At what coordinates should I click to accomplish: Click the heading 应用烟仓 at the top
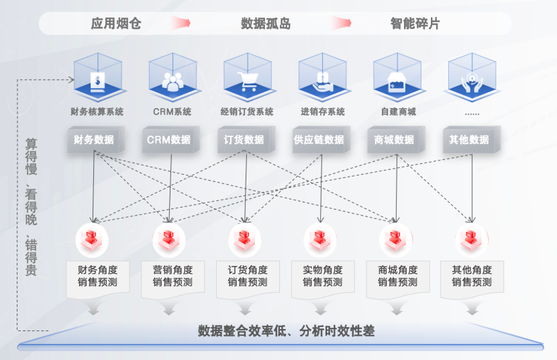tap(116, 24)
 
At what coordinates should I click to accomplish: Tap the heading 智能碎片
tap(415, 24)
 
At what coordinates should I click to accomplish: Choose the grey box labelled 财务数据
tap(94, 140)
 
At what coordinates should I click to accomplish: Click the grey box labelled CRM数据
tap(169, 140)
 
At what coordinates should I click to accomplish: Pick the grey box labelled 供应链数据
tap(319, 140)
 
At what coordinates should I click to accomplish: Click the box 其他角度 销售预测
tap(472, 276)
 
